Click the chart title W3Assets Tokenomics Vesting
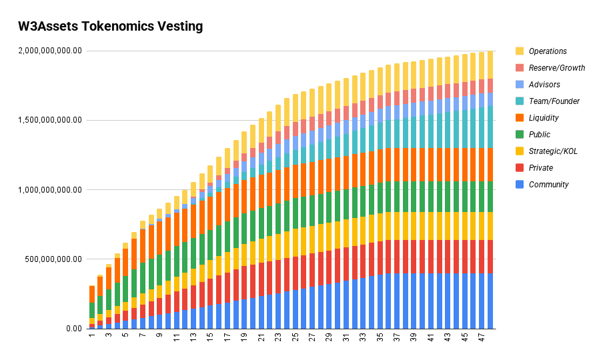[110, 27]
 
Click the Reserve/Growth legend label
[556, 68]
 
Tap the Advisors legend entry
[544, 85]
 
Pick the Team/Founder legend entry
[554, 101]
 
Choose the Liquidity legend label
[544, 118]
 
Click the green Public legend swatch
[520, 135]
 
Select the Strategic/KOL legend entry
[553, 151]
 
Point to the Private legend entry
[540, 168]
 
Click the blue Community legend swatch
[520, 185]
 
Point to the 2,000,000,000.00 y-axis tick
[50, 51]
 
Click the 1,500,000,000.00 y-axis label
[50, 120]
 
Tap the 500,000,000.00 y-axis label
[55, 259]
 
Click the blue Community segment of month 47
[481, 301]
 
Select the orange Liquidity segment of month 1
[92, 294]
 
